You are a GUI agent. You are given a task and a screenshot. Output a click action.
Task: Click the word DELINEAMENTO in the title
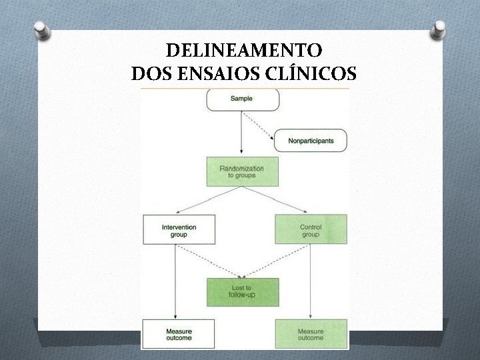coord(243,51)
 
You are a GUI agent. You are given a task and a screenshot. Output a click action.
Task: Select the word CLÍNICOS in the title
coord(312,71)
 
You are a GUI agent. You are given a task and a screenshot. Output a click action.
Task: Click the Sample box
coord(241,99)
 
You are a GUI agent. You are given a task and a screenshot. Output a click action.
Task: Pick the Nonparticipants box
coord(311,141)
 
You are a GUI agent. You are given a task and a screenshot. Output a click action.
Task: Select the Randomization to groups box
coord(241,171)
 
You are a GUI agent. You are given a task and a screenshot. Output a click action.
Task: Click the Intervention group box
coord(179,230)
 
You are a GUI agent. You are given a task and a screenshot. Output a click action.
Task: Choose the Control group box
coord(311,230)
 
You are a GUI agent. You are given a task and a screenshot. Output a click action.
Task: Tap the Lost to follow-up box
coord(242,292)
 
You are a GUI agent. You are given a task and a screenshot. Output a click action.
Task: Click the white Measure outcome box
coord(179,333)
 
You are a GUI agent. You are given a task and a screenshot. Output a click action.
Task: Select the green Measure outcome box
coord(311,333)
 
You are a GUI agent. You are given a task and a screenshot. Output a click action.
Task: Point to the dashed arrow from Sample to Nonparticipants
coord(259,126)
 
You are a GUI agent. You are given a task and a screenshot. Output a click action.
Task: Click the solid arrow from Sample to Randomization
coord(241,133)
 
